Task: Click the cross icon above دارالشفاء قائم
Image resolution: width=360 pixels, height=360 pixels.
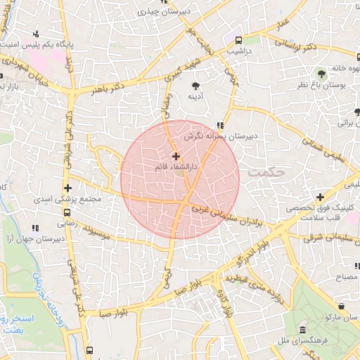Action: click(x=175, y=155)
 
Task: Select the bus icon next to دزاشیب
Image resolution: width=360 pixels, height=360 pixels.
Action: click(x=239, y=40)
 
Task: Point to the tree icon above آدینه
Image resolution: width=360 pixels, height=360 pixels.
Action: click(x=195, y=86)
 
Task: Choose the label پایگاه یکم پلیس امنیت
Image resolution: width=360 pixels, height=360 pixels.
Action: click(x=76, y=43)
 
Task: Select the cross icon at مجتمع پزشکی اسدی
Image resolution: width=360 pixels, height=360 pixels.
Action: click(x=67, y=188)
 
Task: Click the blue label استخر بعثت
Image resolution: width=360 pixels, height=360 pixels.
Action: click(x=28, y=323)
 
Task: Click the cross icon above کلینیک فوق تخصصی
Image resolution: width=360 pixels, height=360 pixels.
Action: click(x=320, y=198)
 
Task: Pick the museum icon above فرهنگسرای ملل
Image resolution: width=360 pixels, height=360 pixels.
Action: click(x=302, y=330)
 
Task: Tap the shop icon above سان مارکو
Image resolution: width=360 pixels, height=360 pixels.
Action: click(x=341, y=307)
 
